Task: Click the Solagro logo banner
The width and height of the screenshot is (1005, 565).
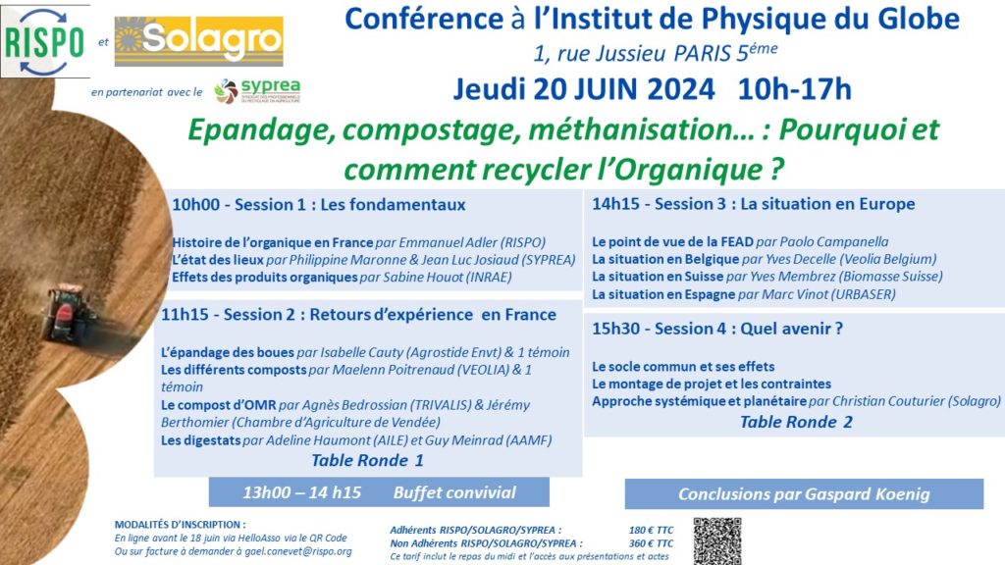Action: pos(199,41)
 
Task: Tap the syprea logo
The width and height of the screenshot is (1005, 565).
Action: pos(257,91)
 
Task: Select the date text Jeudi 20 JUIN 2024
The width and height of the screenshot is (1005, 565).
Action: pos(584,88)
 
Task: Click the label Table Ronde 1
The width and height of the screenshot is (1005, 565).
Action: pos(367,459)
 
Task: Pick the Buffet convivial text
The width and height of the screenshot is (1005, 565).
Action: pos(453,491)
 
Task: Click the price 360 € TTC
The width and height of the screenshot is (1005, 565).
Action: pos(651,542)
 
